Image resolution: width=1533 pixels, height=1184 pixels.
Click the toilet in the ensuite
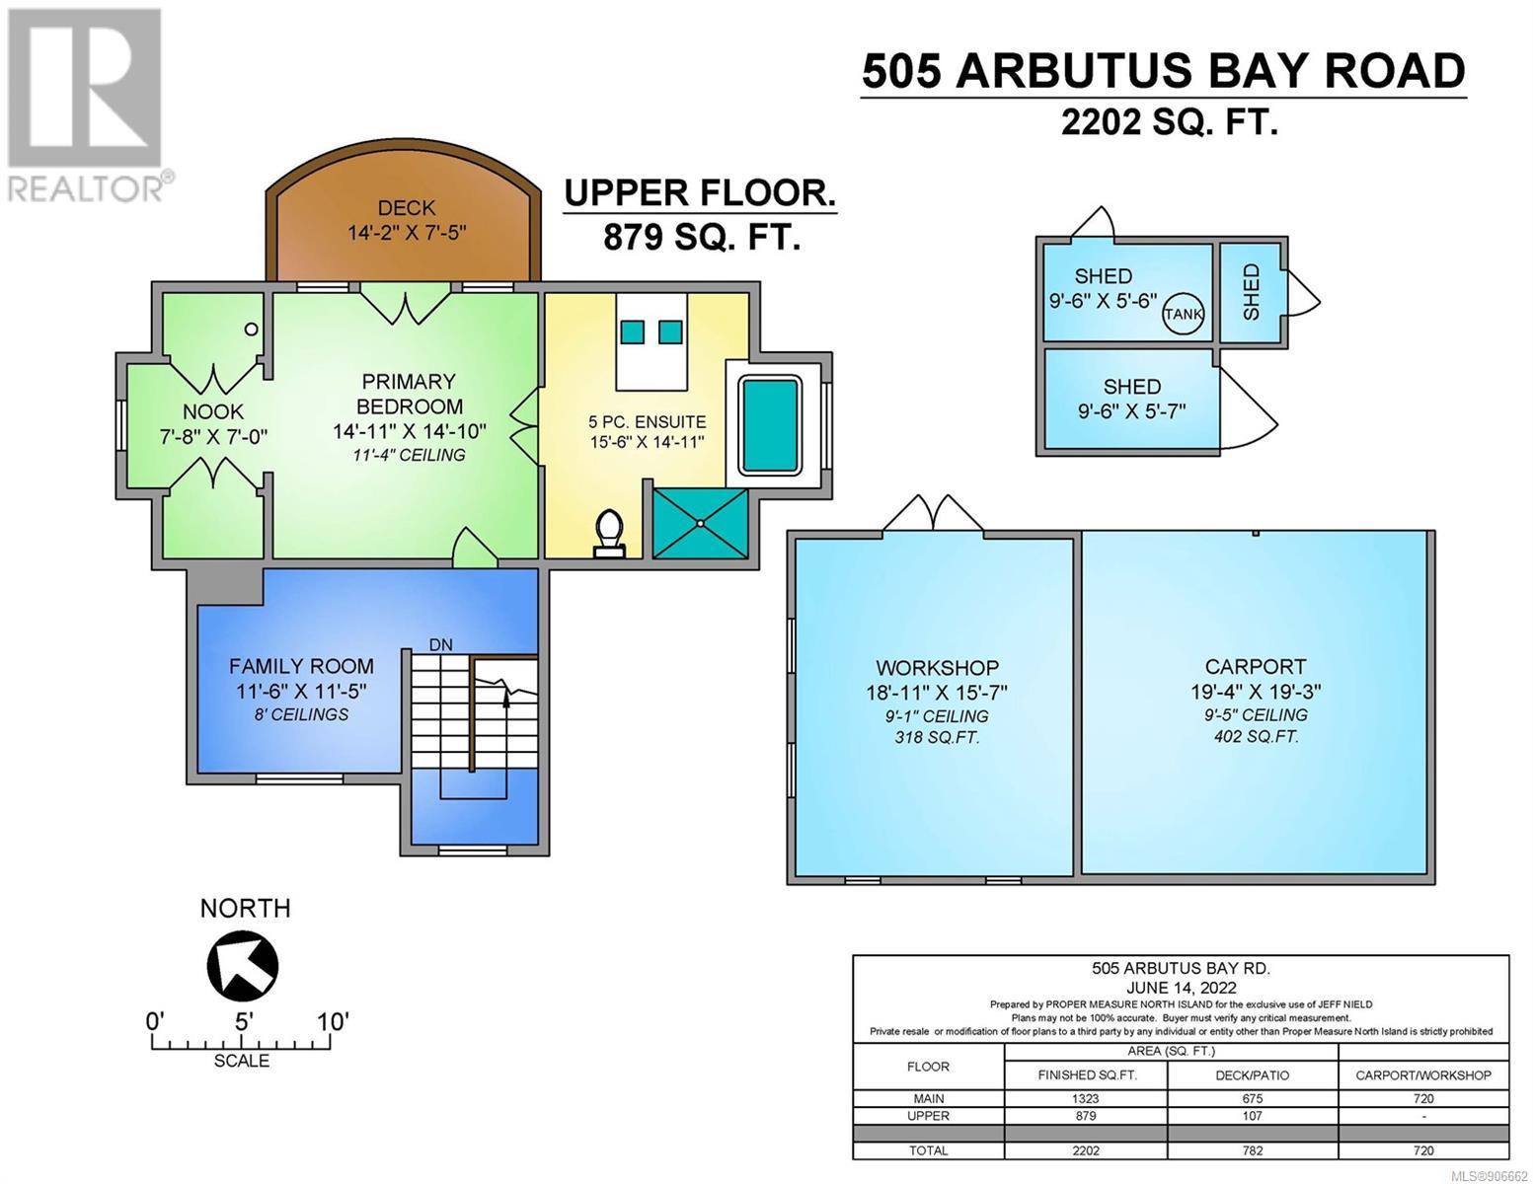609,534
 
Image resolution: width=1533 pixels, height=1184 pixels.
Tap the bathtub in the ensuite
770,425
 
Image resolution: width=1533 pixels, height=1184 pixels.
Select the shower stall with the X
700,524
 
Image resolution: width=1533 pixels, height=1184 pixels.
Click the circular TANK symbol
1183,314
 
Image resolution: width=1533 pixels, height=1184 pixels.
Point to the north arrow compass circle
242,965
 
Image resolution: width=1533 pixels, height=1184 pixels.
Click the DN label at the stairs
440,644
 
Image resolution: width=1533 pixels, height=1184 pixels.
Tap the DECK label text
407,208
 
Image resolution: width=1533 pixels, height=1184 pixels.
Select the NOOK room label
212,411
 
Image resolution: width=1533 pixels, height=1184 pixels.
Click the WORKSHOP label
937,667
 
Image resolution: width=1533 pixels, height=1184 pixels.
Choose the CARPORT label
1255,666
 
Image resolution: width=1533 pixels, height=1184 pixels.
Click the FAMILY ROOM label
301,666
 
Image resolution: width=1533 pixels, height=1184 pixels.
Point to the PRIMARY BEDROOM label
410,394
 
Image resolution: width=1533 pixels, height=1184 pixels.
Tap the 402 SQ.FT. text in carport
1256,736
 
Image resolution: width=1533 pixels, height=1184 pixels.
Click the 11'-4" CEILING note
410,455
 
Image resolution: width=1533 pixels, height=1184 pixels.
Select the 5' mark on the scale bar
243,1021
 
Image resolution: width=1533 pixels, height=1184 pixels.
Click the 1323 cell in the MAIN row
1086,1098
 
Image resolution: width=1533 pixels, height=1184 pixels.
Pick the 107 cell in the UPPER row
1253,1116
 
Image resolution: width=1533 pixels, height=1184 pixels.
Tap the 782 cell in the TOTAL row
1253,1150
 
